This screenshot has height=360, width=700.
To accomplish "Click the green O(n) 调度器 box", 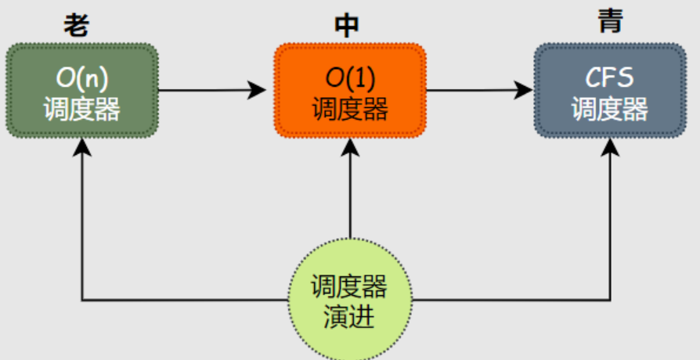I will point(82,91).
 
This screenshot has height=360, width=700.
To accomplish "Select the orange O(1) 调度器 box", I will point(350,91).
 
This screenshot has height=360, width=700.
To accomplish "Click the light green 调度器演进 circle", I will point(349,301).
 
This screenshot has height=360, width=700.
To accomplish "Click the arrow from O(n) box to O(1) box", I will point(211,90).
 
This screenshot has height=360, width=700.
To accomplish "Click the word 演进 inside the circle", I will point(349,317).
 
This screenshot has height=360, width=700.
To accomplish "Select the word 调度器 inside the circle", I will point(349,287).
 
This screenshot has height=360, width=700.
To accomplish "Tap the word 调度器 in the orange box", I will point(350,108).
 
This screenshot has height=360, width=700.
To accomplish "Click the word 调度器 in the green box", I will point(82,108).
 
